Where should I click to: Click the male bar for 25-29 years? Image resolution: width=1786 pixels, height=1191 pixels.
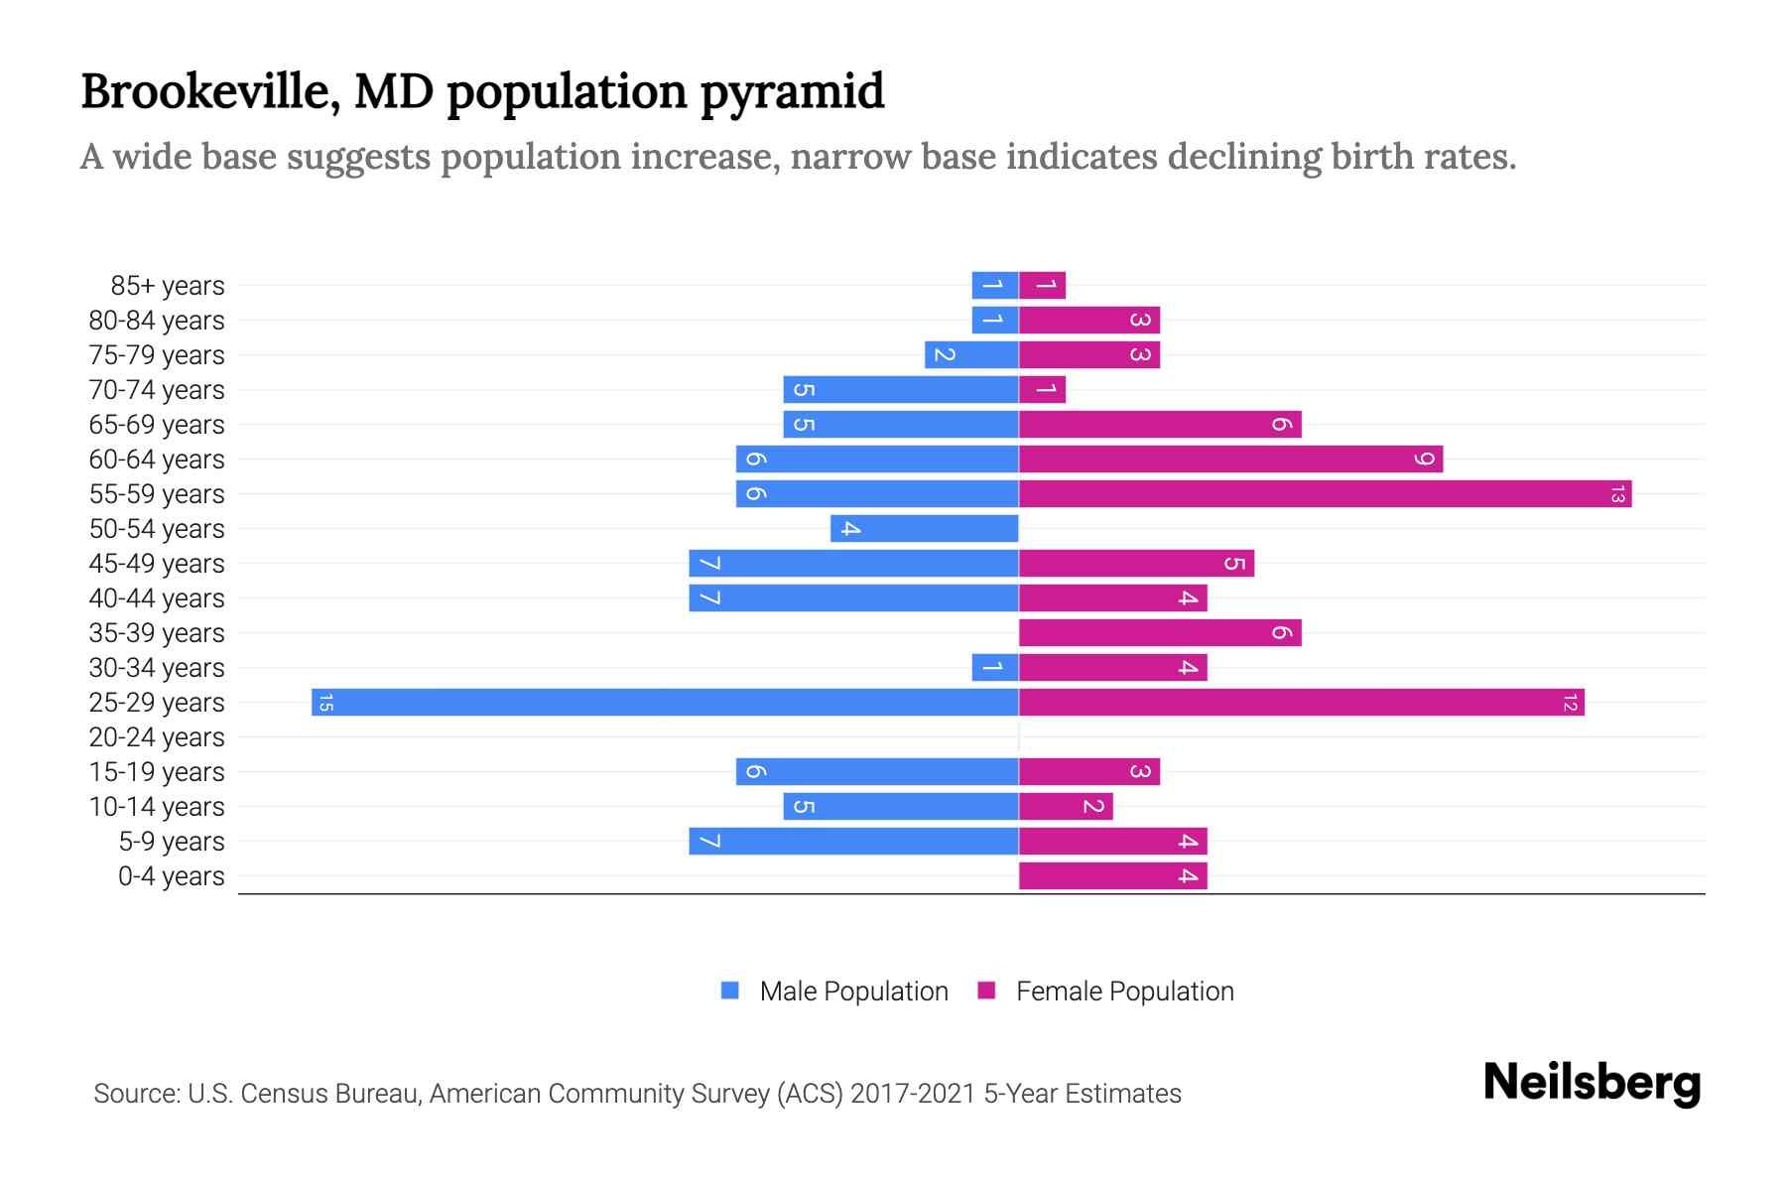(x=665, y=703)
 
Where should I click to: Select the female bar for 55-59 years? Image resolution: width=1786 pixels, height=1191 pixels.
(x=1325, y=494)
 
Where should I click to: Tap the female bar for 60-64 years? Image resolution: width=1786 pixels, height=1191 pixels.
(x=1230, y=460)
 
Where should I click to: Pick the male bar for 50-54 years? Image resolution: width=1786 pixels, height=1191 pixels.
(x=925, y=529)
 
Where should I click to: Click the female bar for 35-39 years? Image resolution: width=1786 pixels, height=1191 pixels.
(x=1160, y=633)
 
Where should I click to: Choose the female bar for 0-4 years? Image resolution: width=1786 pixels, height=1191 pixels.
(x=1112, y=876)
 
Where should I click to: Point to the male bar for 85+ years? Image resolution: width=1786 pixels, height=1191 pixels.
(x=995, y=286)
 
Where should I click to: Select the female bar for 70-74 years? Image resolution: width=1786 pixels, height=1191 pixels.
(x=1042, y=390)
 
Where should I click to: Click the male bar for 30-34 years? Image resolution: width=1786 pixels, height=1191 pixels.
(x=995, y=668)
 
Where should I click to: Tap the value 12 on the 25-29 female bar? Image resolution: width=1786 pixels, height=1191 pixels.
(x=1569, y=703)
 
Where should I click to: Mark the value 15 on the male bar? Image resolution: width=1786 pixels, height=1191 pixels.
(x=325, y=703)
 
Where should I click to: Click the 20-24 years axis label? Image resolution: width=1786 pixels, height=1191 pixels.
(x=157, y=737)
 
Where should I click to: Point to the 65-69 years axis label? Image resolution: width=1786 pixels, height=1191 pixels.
(x=157, y=425)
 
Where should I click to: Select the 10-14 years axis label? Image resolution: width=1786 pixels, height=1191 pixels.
(x=157, y=807)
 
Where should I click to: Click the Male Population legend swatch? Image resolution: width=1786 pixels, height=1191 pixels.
(x=730, y=991)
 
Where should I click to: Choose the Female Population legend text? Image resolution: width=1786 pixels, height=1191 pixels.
(x=1124, y=992)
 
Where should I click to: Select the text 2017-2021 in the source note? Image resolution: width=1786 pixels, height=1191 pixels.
(x=913, y=1094)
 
